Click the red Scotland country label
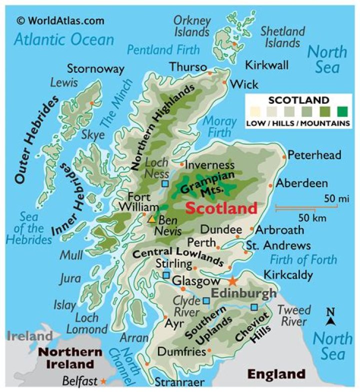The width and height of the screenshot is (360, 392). [x=221, y=208]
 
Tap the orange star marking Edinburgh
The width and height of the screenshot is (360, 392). [x=232, y=281]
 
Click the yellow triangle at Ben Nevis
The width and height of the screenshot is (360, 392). [x=152, y=219]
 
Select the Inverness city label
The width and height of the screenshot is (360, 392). [x=209, y=165]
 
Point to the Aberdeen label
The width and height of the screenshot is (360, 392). [x=302, y=183]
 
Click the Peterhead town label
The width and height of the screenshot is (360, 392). [x=314, y=155]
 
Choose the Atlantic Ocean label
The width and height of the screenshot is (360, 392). [x=63, y=39]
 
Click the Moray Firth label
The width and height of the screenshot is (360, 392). [x=217, y=126]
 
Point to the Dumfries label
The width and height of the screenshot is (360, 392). [x=181, y=352]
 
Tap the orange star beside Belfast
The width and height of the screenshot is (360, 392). [x=102, y=382]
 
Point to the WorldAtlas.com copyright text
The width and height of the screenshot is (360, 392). [x=60, y=20]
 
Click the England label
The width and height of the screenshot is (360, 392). [x=276, y=374]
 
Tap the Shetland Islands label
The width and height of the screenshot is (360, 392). [x=282, y=37]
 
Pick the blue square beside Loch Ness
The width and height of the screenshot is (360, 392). [x=165, y=184]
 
